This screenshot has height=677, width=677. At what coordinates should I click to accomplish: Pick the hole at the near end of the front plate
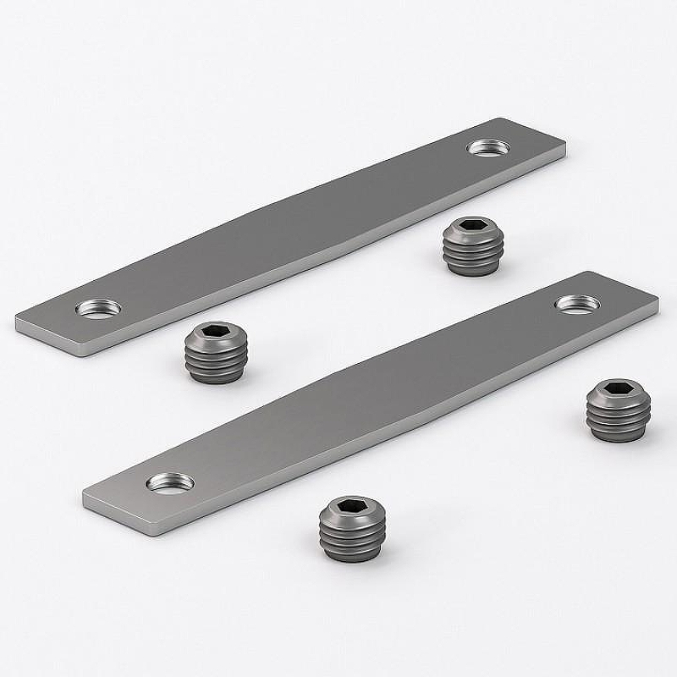pos(170,482)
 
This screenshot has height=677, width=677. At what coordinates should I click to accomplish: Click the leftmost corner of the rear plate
pos(16,320)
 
